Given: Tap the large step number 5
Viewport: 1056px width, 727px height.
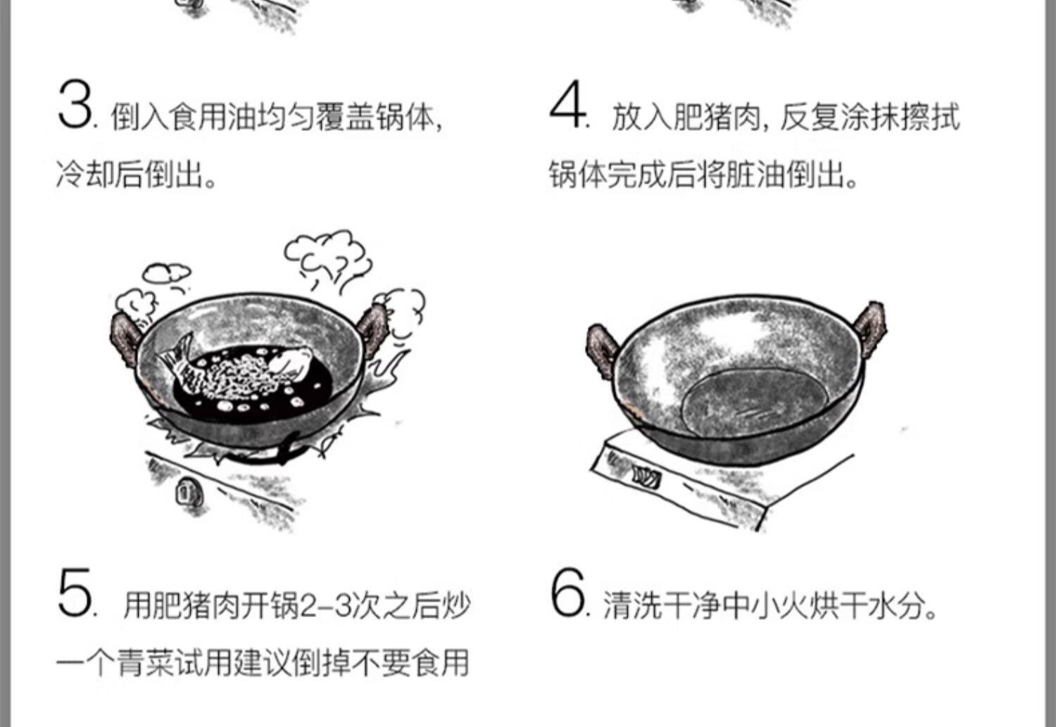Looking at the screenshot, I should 74,595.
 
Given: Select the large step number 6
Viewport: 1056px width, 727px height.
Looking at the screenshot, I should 567,595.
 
